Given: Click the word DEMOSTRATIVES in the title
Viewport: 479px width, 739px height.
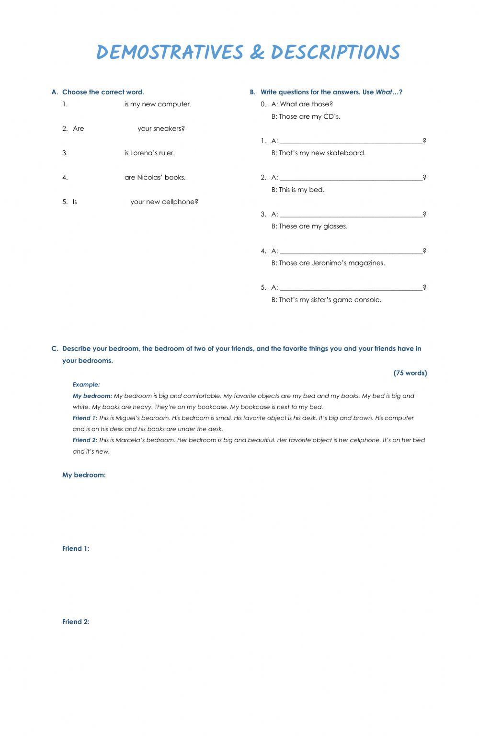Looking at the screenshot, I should [x=170, y=52].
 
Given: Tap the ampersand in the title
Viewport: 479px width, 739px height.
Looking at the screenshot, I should [x=257, y=52].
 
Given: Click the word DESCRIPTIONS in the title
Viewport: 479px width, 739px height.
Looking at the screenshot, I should [x=335, y=52].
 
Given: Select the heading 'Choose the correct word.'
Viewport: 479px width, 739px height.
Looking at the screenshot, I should [x=103, y=92].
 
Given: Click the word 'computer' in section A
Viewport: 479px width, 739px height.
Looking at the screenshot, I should [x=174, y=104].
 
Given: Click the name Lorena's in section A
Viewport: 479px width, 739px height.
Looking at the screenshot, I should [x=144, y=153].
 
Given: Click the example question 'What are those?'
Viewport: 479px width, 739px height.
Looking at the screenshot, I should [x=306, y=104].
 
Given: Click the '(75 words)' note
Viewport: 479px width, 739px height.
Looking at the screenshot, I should [x=410, y=373].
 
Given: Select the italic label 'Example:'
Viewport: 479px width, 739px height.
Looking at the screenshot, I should [x=86, y=385].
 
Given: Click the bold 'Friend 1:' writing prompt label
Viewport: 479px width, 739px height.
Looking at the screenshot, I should [x=76, y=549].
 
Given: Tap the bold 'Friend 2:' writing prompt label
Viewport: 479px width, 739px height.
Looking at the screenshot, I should [x=76, y=622].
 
